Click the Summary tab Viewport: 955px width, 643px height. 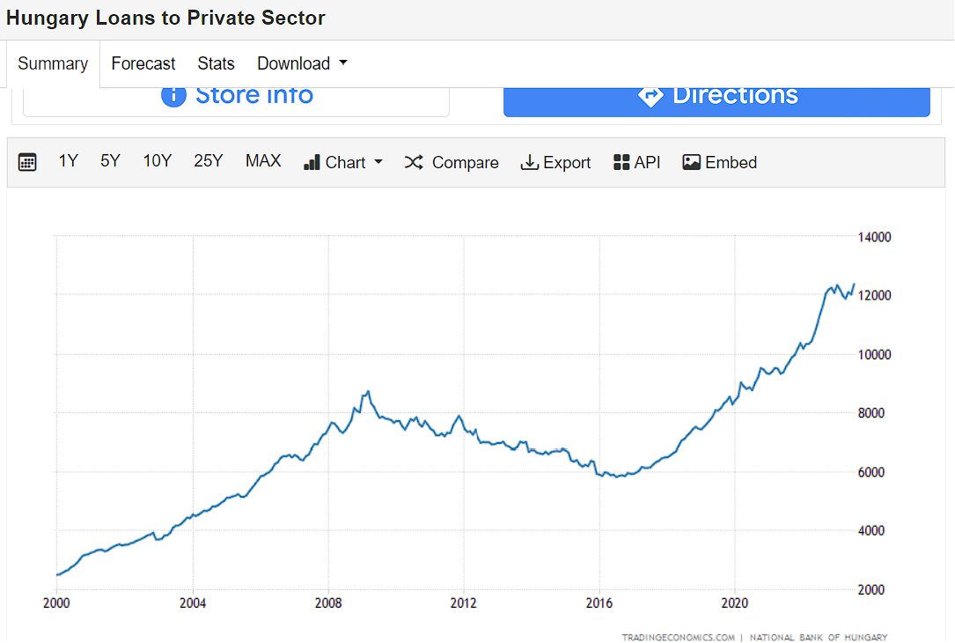click(x=53, y=64)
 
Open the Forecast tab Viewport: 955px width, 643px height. click(x=143, y=64)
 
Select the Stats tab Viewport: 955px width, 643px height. click(x=216, y=64)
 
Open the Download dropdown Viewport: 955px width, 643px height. click(x=302, y=63)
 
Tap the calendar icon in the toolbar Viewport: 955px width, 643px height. click(x=27, y=162)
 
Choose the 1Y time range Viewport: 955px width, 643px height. click(x=69, y=161)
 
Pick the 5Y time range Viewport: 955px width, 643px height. click(x=110, y=161)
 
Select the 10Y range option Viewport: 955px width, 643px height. click(x=158, y=161)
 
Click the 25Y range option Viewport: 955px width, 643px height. click(x=209, y=161)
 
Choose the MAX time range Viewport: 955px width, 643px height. click(x=263, y=161)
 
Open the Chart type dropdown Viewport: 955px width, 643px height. click(x=343, y=163)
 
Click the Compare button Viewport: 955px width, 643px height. click(x=452, y=163)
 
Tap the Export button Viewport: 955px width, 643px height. click(x=555, y=163)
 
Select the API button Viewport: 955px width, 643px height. click(x=636, y=163)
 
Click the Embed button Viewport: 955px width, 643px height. click(x=719, y=163)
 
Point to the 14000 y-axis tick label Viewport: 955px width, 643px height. click(x=874, y=237)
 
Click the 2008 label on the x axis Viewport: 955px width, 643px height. click(x=328, y=603)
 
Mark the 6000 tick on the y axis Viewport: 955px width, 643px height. click(x=871, y=472)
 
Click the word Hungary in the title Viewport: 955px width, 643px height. click(x=48, y=18)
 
